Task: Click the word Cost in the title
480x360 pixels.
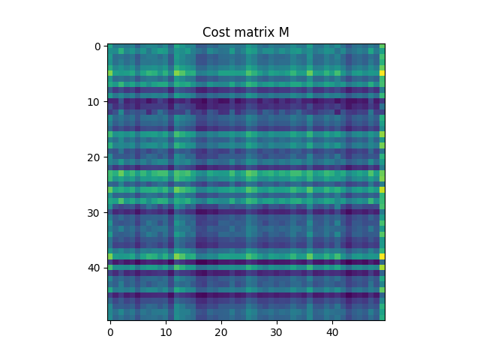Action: [215, 33]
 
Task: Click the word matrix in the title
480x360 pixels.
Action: [252, 33]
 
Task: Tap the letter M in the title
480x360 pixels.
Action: [284, 33]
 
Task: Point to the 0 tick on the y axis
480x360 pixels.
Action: [97, 46]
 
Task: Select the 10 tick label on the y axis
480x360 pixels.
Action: [94, 102]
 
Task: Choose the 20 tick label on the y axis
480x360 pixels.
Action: [94, 157]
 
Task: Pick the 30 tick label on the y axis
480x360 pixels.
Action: [94, 213]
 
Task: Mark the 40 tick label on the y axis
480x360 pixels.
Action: [94, 268]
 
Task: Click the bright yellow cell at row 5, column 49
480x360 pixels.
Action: [382, 73]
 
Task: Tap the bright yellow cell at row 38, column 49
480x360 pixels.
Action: [382, 256]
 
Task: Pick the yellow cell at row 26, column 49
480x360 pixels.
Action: [382, 190]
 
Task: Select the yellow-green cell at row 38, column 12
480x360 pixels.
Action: [177, 256]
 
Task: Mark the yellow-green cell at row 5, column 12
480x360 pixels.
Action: [177, 73]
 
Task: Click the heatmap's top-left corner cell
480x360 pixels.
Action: [110, 46]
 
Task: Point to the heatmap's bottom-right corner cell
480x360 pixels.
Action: [382, 317]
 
